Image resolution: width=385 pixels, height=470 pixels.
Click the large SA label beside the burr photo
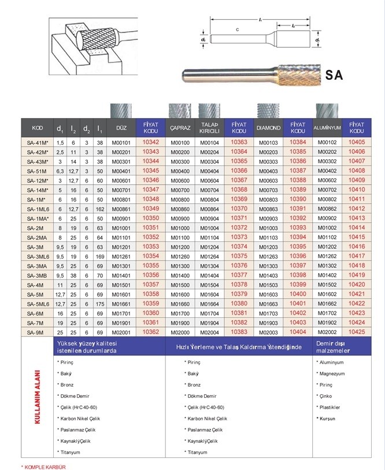pyautogui.click(x=334, y=75)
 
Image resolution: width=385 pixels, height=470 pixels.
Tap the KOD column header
pyautogui.click(x=37, y=128)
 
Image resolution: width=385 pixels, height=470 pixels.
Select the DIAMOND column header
pyautogui.click(x=268, y=128)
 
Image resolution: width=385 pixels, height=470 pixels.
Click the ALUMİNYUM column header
pyautogui.click(x=327, y=128)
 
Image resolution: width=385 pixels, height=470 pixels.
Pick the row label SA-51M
pyautogui.click(x=36, y=171)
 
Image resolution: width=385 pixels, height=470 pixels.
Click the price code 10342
pyautogui.click(x=150, y=142)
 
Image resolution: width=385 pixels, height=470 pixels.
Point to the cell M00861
pyautogui.click(x=121, y=209)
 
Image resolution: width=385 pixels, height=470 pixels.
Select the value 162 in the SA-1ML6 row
pyautogui.click(x=100, y=209)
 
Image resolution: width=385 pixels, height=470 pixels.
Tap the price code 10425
pyautogui.click(x=357, y=332)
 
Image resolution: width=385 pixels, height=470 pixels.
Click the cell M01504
pyautogui.click(x=209, y=285)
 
